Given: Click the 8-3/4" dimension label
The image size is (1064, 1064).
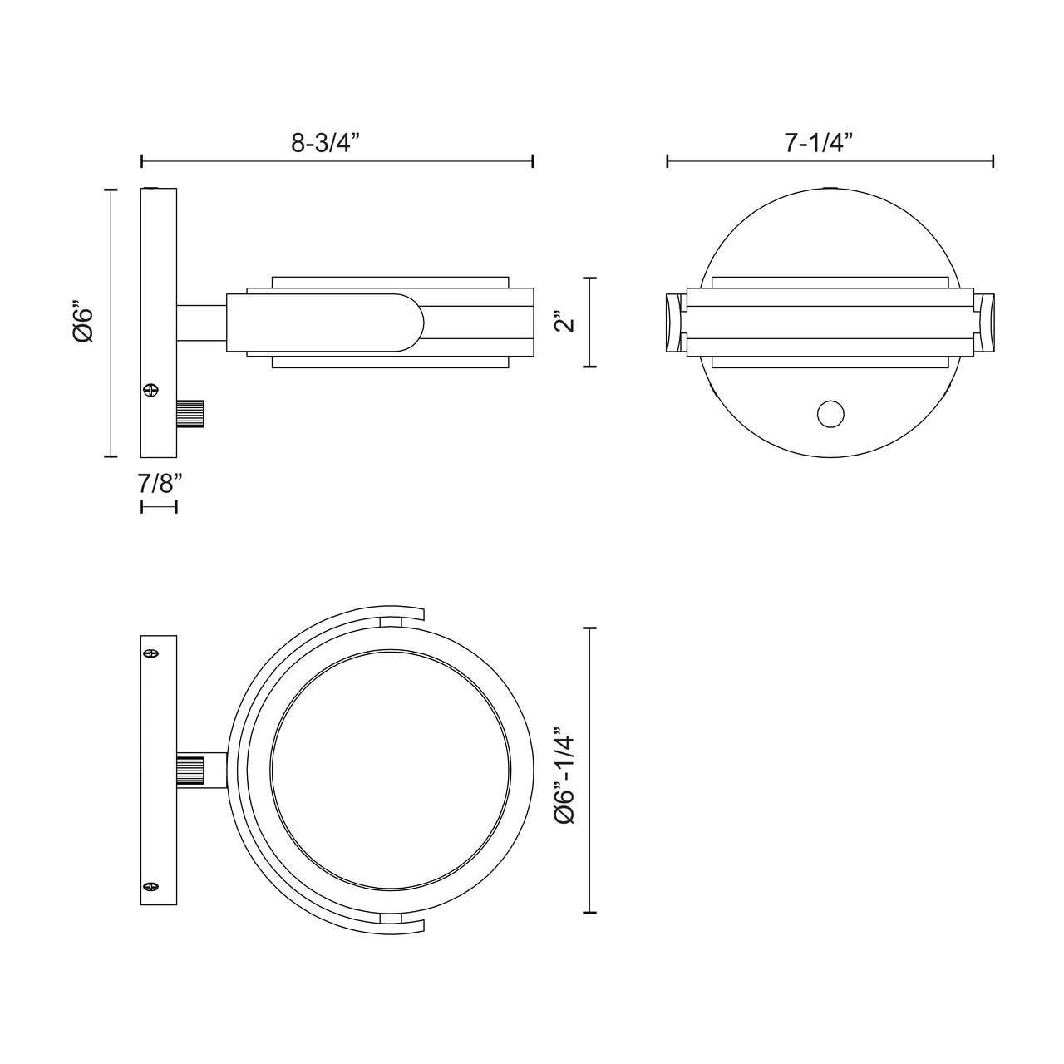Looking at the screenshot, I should pyautogui.click(x=323, y=143).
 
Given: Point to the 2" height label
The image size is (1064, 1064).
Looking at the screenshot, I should pyautogui.click(x=566, y=323).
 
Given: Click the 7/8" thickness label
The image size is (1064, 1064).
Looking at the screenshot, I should pyautogui.click(x=159, y=483).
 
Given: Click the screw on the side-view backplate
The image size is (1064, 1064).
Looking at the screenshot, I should pyautogui.click(x=150, y=389).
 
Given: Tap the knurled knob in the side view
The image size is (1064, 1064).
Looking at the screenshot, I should pyautogui.click(x=191, y=413).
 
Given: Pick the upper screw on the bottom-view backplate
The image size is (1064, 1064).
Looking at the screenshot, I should pyautogui.click(x=151, y=654).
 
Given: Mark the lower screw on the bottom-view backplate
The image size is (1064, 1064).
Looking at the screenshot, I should pyautogui.click(x=151, y=887).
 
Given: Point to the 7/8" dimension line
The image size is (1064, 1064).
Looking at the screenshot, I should pyautogui.click(x=159, y=506).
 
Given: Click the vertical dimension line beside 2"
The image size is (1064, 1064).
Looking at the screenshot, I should pyautogui.click(x=590, y=323).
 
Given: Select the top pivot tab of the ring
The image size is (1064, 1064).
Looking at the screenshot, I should pyautogui.click(x=390, y=622).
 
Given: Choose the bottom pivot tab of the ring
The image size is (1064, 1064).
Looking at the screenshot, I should pyautogui.click(x=390, y=918).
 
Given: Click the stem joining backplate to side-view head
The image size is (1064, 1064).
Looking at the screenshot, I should pyautogui.click(x=200, y=323).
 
